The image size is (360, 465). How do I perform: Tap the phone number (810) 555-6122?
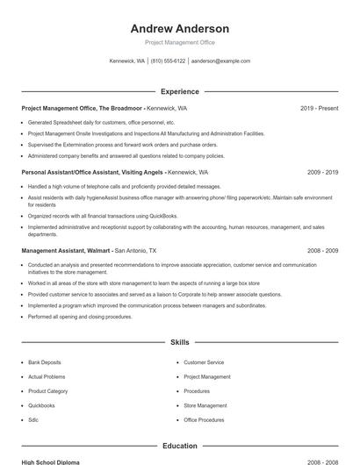click(168, 61)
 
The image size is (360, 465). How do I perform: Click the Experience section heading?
click(179, 91)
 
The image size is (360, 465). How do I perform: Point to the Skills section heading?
click(179, 341)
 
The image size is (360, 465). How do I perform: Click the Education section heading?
click(179, 446)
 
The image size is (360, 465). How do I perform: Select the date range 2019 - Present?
click(319, 108)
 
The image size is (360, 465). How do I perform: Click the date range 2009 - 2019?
click(322, 173)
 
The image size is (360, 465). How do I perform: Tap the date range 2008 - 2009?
click(322, 250)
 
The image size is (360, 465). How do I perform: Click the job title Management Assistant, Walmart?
click(66, 250)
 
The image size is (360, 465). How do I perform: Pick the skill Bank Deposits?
click(45, 361)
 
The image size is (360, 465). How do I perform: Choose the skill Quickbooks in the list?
click(41, 405)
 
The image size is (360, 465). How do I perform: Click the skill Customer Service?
click(204, 361)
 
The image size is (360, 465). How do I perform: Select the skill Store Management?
click(205, 405)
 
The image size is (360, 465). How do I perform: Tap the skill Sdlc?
click(33, 420)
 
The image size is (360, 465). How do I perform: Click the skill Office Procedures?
click(205, 420)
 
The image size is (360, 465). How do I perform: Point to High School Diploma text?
click(52, 461)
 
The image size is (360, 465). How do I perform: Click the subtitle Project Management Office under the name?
click(179, 42)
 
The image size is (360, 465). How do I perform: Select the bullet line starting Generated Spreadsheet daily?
click(101, 123)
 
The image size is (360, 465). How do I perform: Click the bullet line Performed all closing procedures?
click(80, 316)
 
